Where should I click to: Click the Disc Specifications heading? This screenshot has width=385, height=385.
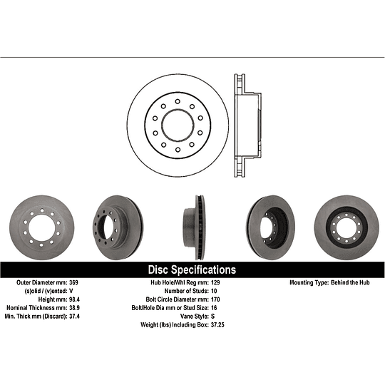pyautogui.click(x=191, y=270)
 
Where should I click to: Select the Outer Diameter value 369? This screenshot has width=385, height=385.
pyautogui.click(x=75, y=283)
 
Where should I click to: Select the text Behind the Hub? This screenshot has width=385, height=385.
pyautogui.click(x=347, y=283)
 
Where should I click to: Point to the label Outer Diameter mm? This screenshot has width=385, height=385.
pyautogui.click(x=42, y=283)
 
